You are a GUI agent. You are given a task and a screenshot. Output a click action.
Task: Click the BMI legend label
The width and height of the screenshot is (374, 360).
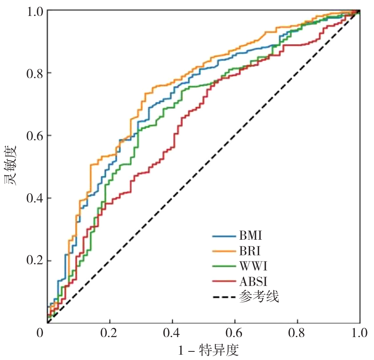click(x=251, y=236)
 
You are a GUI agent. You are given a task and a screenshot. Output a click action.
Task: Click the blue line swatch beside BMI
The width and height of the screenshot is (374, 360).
click(x=224, y=236)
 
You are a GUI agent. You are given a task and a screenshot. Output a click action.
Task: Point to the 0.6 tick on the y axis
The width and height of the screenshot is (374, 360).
click(x=34, y=136)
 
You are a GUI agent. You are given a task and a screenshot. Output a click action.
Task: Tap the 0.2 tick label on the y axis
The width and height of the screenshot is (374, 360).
click(x=34, y=261)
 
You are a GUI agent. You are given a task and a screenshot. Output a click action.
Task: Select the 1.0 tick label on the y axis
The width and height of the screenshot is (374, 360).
click(x=34, y=11)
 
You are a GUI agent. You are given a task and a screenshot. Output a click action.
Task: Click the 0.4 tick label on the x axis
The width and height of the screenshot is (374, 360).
click(x=172, y=333)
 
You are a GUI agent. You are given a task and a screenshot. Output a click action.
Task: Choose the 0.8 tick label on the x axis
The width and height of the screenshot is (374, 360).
click(x=298, y=333)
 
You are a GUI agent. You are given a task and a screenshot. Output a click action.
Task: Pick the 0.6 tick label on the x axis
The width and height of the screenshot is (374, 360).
click(x=235, y=333)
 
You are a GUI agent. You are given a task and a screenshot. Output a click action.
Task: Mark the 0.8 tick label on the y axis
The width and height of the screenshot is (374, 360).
click(x=34, y=73)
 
